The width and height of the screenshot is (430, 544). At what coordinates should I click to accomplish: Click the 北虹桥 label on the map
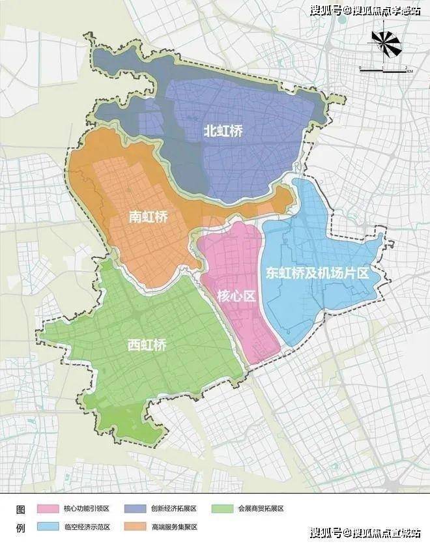[x=223, y=131]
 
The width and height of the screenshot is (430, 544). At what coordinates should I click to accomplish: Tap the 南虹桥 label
[x=148, y=217]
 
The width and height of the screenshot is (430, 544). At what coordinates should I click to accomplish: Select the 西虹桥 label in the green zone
[x=147, y=345]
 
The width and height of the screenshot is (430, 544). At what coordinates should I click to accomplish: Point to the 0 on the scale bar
[x=360, y=67]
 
